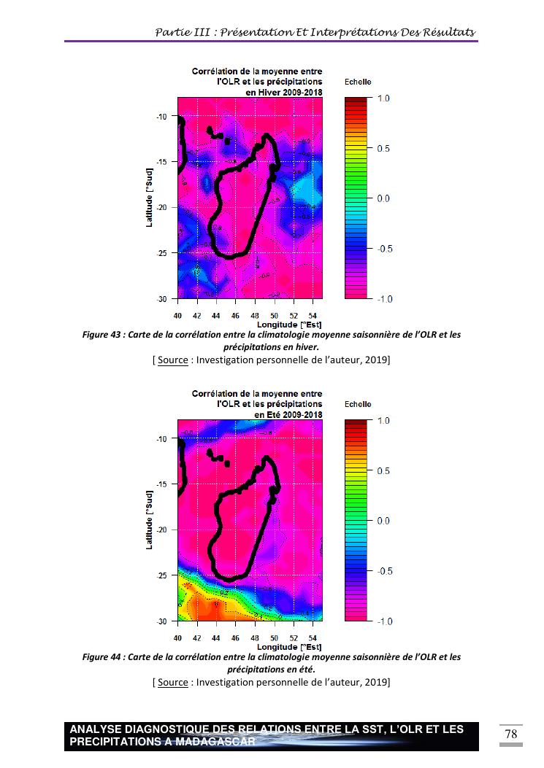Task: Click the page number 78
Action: tap(511, 733)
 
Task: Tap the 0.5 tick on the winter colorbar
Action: tap(383, 148)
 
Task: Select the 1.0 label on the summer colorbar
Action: tap(383, 422)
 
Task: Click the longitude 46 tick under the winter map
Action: tap(236, 316)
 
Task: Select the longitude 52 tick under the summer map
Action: tap(294, 638)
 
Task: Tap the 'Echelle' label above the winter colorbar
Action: tap(358, 82)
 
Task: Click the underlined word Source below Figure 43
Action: tap(173, 360)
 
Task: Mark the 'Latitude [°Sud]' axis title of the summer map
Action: tap(149, 520)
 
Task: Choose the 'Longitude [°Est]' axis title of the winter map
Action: tap(289, 324)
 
